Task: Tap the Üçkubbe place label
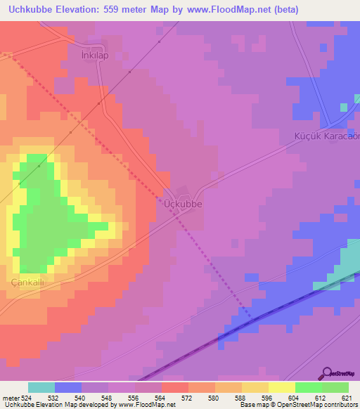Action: [x=184, y=204]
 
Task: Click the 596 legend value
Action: [x=269, y=398]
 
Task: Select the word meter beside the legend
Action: [x=11, y=398]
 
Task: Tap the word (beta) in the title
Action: [x=285, y=10]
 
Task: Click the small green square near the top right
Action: [x=344, y=108]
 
